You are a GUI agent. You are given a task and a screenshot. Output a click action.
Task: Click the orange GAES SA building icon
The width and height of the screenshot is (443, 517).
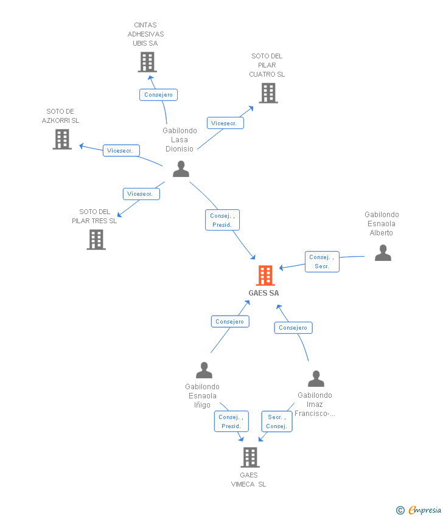(265, 276)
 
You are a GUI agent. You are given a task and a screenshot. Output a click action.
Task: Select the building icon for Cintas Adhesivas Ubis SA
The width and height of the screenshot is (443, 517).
(147, 62)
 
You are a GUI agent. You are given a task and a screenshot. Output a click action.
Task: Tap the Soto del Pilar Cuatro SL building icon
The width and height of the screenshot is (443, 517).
(268, 93)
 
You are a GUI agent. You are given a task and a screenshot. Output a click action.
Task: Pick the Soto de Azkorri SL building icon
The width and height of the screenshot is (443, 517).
(61, 139)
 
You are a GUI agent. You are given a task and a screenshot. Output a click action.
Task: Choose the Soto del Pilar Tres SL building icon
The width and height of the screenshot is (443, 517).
(96, 240)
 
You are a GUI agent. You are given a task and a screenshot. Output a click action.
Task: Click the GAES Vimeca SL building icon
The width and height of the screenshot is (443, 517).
(249, 457)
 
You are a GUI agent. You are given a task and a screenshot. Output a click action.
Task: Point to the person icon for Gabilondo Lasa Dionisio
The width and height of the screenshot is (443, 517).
(181, 168)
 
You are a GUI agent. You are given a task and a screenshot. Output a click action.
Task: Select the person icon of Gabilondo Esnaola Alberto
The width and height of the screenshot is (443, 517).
(383, 252)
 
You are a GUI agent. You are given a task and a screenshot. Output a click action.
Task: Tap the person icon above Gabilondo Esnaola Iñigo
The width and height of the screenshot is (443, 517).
(204, 370)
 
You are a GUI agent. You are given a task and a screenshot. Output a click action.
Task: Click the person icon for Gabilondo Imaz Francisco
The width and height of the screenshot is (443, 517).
(316, 378)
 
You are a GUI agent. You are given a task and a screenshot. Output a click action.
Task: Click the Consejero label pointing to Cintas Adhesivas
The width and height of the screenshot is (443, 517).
(159, 94)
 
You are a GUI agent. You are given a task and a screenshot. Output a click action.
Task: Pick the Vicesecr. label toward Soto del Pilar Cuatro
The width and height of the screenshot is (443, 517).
(225, 123)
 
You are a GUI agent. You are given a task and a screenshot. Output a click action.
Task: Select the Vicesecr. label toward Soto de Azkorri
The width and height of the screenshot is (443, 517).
(122, 150)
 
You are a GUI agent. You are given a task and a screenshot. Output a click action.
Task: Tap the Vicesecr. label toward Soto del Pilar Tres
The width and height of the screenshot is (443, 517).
(141, 194)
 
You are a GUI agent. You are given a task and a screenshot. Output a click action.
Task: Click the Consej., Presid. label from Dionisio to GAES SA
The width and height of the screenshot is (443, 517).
(222, 220)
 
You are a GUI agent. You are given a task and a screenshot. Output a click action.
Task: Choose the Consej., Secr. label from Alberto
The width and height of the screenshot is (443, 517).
(322, 262)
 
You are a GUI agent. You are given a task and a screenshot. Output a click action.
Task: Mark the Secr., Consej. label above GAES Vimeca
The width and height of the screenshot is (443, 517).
(277, 422)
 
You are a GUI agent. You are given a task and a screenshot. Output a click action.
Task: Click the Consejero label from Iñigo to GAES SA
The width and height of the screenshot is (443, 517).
(229, 321)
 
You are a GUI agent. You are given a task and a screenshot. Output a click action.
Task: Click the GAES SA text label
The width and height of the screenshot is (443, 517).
(264, 293)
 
